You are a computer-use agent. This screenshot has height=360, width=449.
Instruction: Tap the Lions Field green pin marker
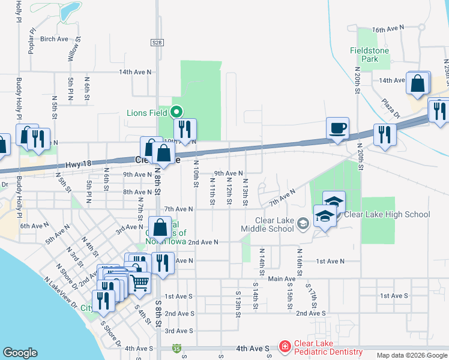pyautogui.click(x=176, y=112)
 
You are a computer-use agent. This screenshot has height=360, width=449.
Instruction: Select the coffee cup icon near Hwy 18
pyautogui.click(x=337, y=128)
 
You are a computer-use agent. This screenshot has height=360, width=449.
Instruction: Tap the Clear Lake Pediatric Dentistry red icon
pyautogui.click(x=284, y=347)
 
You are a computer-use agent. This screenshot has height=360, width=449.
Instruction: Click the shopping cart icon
pyautogui.click(x=140, y=281)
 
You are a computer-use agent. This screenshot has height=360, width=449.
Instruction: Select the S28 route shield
pyautogui.click(x=157, y=42)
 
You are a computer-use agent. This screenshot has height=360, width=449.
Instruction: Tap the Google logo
pyautogui.click(x=20, y=353)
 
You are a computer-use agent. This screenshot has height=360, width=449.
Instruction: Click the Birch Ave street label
pyautogui.click(x=55, y=39)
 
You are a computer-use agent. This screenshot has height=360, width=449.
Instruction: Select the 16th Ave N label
pyautogui.click(x=388, y=29)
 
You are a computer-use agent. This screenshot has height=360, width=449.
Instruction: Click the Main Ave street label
pyautogui.click(x=282, y=278)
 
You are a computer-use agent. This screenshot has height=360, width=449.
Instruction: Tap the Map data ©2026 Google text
pyautogui.click(x=411, y=355)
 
